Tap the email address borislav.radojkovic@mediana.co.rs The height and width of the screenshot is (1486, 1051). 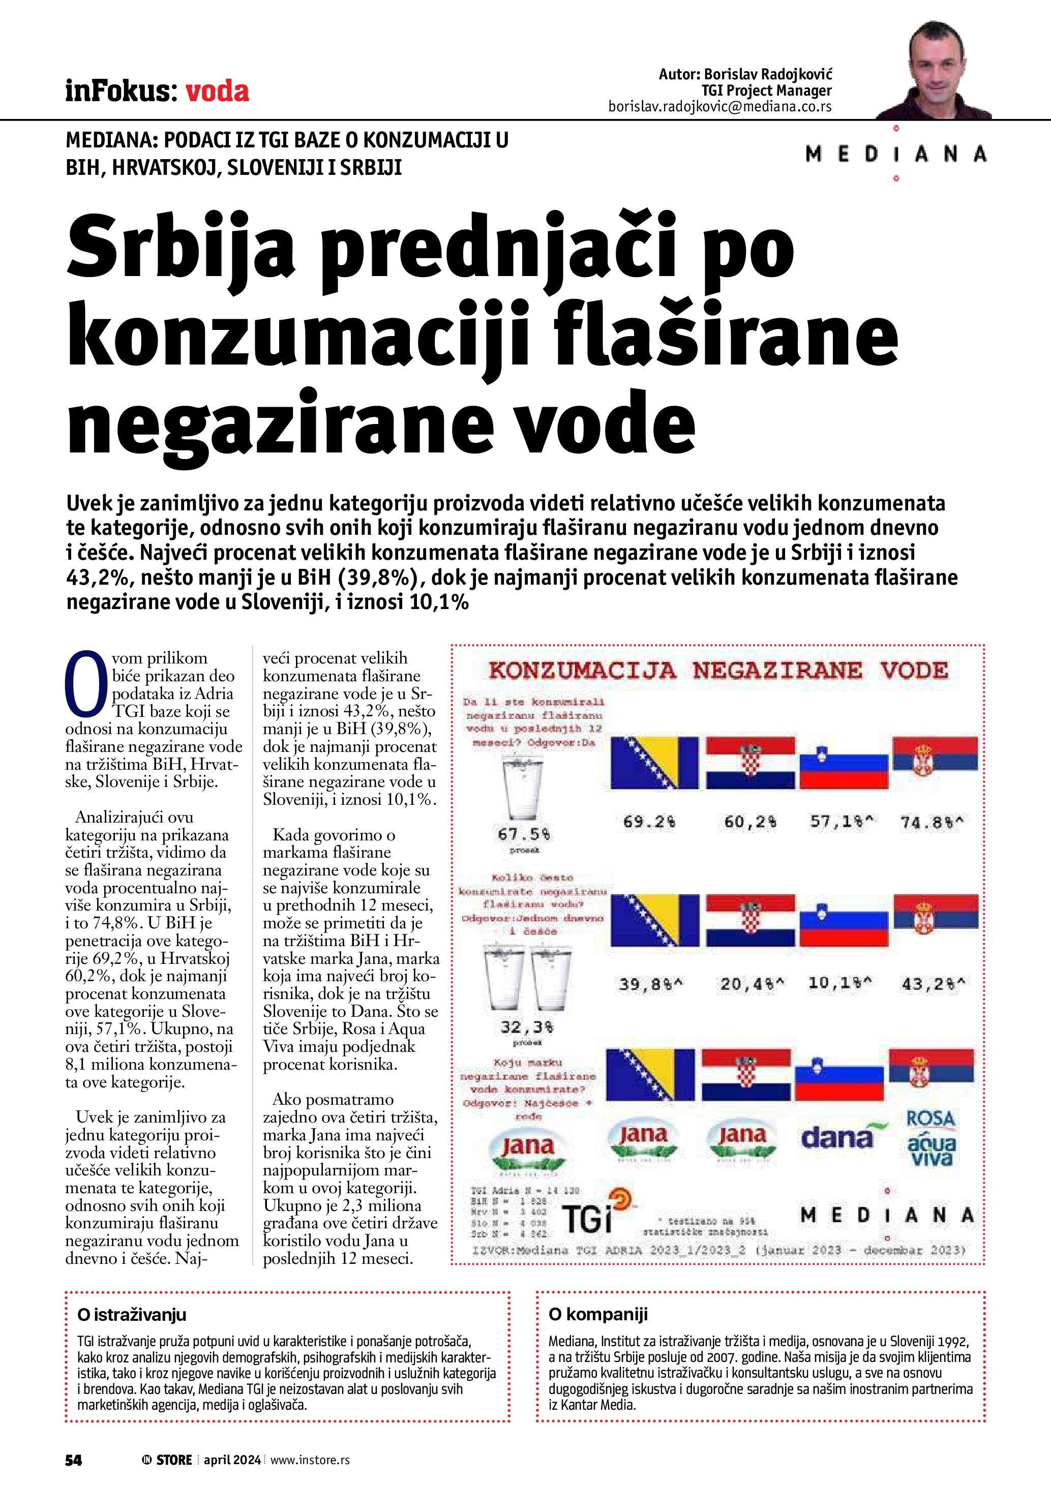[719, 107]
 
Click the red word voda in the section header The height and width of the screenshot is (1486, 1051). [217, 92]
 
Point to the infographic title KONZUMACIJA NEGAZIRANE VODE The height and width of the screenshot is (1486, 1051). [718, 671]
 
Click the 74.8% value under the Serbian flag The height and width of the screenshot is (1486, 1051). [932, 823]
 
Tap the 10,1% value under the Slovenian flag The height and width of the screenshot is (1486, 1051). [839, 983]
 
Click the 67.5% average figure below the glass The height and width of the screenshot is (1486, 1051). [524, 834]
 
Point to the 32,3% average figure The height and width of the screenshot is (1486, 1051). [526, 1027]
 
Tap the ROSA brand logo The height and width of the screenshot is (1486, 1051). [930, 1118]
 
